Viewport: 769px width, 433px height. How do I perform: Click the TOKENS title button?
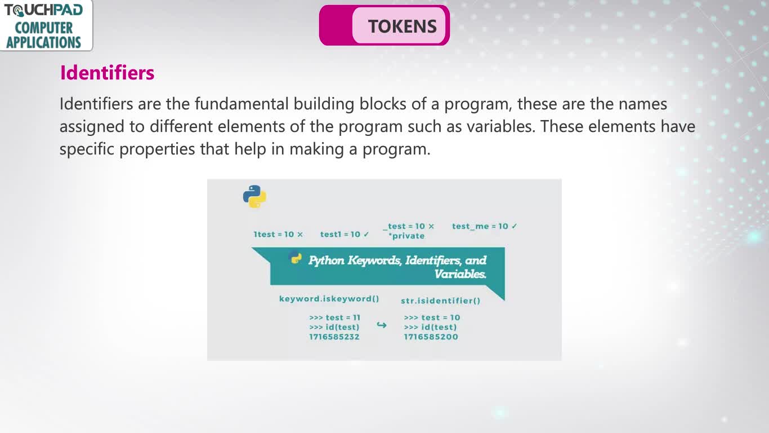(x=384, y=25)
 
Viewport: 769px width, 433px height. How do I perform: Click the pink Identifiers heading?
(x=107, y=73)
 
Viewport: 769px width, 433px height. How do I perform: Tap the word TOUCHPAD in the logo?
(x=43, y=10)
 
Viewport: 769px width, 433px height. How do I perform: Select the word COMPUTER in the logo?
(x=43, y=28)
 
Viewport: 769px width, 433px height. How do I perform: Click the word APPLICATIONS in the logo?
(x=43, y=42)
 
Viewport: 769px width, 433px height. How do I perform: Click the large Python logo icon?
(x=254, y=196)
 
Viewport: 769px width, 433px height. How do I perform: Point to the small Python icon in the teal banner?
(x=296, y=258)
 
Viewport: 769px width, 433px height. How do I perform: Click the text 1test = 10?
(x=274, y=235)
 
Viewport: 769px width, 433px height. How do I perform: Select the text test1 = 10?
(x=340, y=235)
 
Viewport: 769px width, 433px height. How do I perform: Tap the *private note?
(x=406, y=236)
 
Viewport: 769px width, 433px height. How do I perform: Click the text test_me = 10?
(x=480, y=226)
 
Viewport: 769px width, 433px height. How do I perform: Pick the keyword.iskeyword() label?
(x=329, y=298)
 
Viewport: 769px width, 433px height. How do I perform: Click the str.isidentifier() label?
(x=440, y=301)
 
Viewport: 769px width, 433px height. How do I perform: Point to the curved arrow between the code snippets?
(x=382, y=325)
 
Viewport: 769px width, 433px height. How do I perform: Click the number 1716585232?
(x=334, y=337)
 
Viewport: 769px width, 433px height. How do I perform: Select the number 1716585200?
(x=431, y=337)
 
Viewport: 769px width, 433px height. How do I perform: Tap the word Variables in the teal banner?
(x=460, y=274)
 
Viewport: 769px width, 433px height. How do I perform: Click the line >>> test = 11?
(x=334, y=317)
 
